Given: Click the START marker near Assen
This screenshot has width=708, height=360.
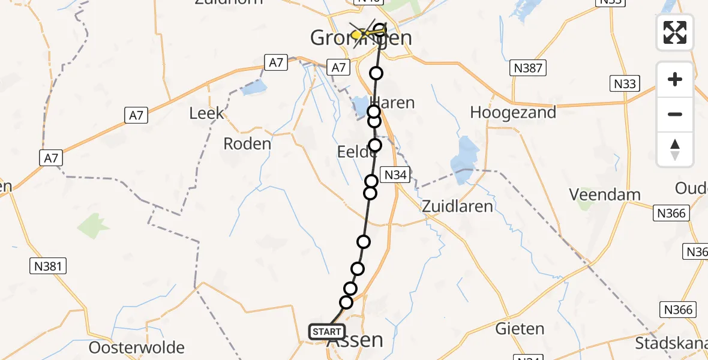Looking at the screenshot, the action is (327, 332).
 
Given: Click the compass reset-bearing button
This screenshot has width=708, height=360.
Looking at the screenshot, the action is (675, 149).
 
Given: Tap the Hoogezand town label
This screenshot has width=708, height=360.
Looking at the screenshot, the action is (513, 112).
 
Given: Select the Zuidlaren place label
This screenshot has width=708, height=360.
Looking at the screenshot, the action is (457, 207).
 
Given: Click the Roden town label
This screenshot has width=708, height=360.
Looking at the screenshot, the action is (247, 144).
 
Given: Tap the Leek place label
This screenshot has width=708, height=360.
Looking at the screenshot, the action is (206, 113).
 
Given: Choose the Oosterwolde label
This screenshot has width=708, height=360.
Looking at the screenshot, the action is (137, 348).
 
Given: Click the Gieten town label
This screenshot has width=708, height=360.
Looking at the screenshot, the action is (520, 329).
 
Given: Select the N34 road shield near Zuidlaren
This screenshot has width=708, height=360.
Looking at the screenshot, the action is (396, 175).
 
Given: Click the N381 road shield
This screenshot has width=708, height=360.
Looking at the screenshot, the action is (48, 266).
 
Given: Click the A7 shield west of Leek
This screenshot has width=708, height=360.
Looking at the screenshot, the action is (137, 115).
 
